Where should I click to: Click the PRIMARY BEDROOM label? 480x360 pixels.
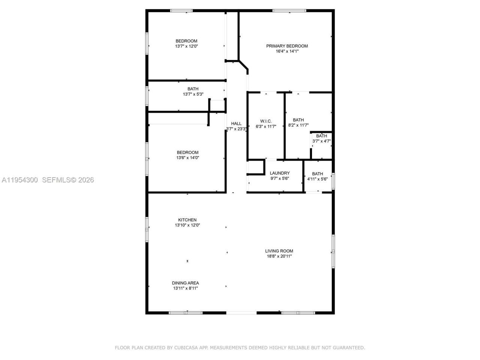287,46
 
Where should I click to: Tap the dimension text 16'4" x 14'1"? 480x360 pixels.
287,51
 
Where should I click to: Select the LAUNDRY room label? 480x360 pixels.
280,173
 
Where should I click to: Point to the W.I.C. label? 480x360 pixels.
266,121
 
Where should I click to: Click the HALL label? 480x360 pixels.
236,124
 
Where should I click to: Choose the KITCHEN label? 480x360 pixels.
187,220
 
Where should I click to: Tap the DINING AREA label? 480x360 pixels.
185,283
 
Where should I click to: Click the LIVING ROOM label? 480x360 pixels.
279,251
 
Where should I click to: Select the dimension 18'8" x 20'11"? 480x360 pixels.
279,256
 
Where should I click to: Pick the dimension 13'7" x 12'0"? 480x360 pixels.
186,46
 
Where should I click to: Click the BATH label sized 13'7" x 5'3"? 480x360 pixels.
193,89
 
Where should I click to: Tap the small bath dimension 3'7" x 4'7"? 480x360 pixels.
321,141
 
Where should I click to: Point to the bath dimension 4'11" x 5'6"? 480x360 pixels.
317,179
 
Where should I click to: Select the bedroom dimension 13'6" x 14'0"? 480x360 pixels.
187,158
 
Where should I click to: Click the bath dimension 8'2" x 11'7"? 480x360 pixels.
298,126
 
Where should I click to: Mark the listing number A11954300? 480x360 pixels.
20,180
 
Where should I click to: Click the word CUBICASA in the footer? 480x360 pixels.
186,348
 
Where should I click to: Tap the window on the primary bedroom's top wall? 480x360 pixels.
289,10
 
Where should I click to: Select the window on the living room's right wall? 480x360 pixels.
333,251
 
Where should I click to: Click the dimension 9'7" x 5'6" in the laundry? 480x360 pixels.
280,179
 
